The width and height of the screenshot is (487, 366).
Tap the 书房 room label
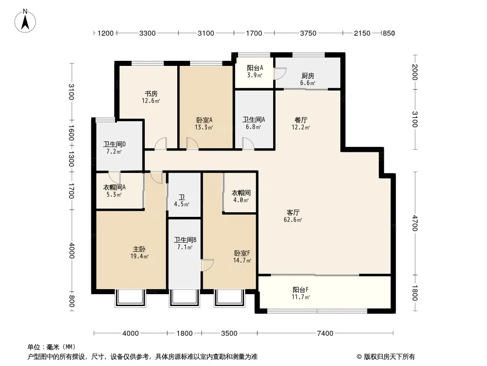coord(151,93)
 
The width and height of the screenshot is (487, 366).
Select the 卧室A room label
coord(204,120)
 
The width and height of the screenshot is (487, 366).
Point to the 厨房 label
coord(308,75)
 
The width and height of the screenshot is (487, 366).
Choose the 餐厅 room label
coord(301,120)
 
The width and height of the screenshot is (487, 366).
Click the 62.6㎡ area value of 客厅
coord(292,220)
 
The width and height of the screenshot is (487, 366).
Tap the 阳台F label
coord(301,290)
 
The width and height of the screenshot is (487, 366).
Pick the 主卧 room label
coord(139,249)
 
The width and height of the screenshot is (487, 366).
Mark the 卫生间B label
coord(185,240)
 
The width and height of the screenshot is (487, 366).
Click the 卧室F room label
coord(242,253)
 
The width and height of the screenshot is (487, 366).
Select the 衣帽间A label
coord(114,188)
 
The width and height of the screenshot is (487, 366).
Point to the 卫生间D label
coord(114,144)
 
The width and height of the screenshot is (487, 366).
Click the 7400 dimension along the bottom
coord(325,334)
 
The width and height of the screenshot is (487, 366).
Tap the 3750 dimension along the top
coord(308,33)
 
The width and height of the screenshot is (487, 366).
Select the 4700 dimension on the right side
coord(415,223)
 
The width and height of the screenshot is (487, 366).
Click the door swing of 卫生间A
coord(248,144)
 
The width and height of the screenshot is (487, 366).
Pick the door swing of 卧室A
coord(192,144)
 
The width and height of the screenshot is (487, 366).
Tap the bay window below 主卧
coord(130,298)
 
